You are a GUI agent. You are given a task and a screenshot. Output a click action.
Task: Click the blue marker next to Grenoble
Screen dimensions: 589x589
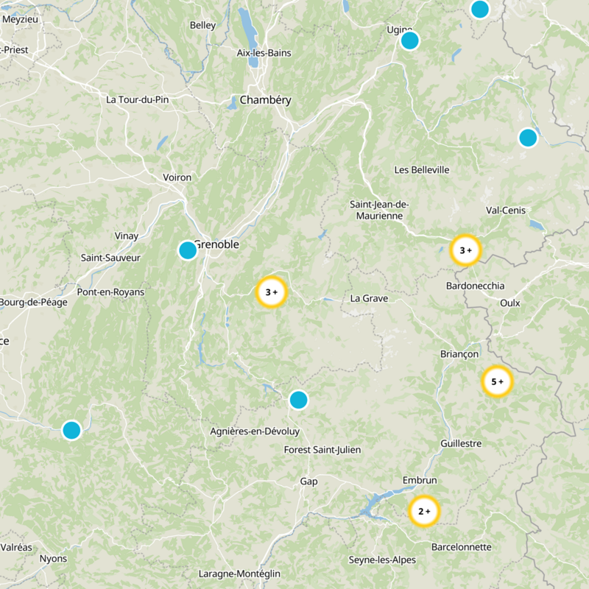[x=188, y=250]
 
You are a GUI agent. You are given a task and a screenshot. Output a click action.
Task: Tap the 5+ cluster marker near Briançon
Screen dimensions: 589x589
[x=496, y=382]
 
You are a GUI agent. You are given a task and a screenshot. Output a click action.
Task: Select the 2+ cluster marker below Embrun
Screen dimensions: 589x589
[x=423, y=511]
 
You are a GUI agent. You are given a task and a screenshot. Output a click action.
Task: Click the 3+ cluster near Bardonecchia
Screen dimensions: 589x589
[x=465, y=250]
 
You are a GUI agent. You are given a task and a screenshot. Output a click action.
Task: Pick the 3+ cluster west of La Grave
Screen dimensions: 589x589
[x=271, y=292]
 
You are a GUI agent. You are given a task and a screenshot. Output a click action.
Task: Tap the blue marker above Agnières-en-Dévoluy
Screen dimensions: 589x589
[x=298, y=400]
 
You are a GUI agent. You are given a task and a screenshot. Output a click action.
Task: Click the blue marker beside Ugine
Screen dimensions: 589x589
[x=409, y=40]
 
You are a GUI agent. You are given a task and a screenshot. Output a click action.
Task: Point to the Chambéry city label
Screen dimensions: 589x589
[x=265, y=100]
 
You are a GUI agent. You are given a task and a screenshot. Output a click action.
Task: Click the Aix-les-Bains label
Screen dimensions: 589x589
[x=264, y=53]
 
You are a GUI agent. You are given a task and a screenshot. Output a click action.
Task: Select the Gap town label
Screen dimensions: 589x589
[x=308, y=482]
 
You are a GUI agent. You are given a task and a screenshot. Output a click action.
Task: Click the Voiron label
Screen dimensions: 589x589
[x=177, y=177]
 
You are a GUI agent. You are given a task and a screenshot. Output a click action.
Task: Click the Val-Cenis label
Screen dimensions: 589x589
[x=506, y=211]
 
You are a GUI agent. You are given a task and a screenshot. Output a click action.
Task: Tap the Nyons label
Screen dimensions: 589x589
[x=54, y=558]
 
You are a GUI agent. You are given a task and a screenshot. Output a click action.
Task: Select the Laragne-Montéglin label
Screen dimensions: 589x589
[x=241, y=574]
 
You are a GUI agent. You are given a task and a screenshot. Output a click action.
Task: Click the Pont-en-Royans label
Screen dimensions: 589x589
[x=111, y=292]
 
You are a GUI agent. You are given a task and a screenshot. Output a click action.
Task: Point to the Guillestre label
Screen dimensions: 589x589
[x=461, y=443]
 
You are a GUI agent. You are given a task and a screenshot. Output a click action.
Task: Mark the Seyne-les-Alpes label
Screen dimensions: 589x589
[x=382, y=560]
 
